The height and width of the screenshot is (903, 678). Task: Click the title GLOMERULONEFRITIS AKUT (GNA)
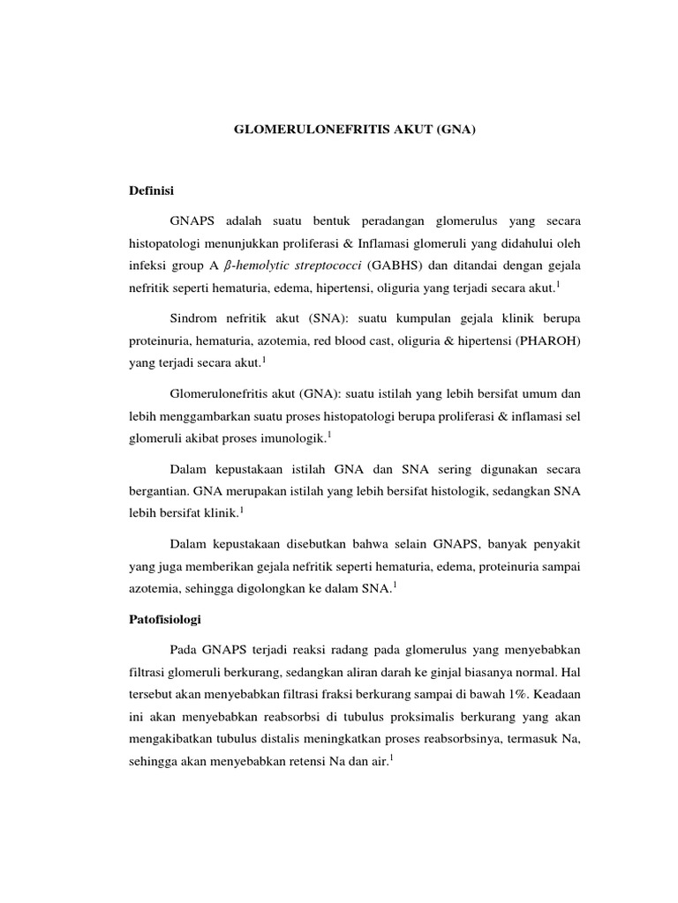354,128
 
